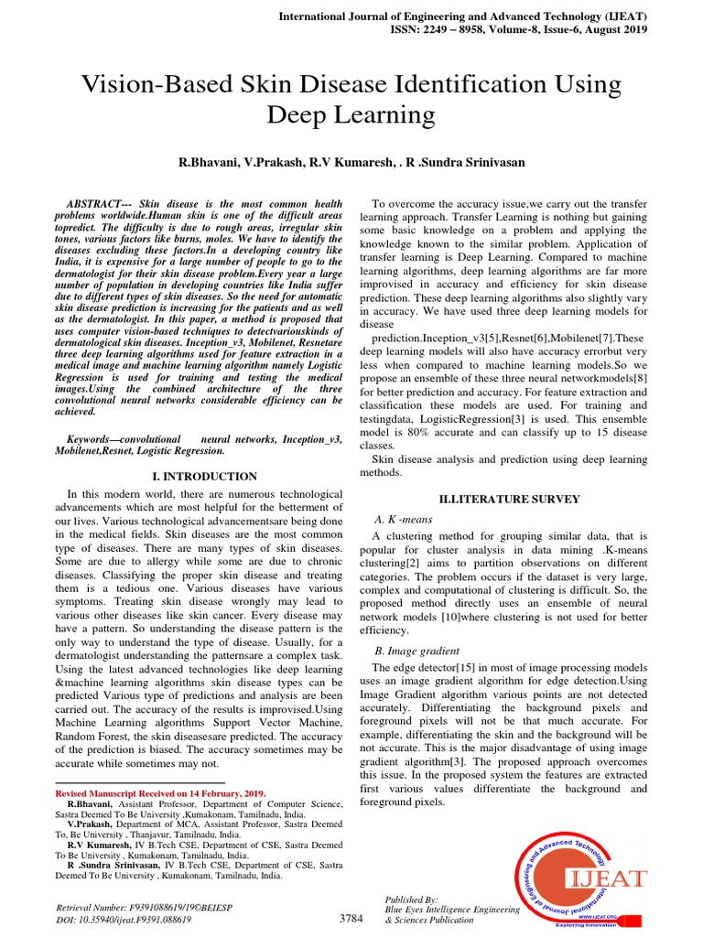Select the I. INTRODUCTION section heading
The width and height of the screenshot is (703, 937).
pyautogui.click(x=204, y=477)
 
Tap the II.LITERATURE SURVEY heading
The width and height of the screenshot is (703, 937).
pyautogui.click(x=510, y=500)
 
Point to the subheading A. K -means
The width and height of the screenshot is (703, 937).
pyautogui.click(x=404, y=519)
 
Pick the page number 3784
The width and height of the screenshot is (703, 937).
pyautogui.click(x=352, y=919)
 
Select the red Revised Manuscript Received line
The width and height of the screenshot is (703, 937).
pyautogui.click(x=160, y=793)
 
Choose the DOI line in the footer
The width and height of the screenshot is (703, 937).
pyautogui.click(x=124, y=920)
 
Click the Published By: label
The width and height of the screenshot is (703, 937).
pyautogui.click(x=412, y=899)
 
